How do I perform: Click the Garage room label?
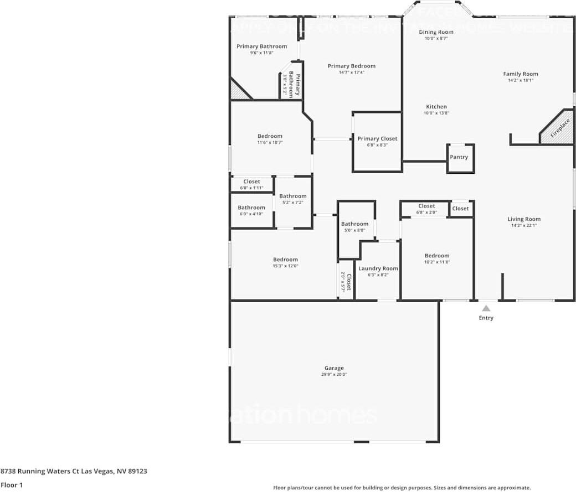[334, 368]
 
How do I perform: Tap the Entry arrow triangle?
[486, 308]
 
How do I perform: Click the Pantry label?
[459, 157]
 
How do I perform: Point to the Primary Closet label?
[377, 139]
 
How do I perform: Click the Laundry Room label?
[378, 268]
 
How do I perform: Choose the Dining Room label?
[436, 32]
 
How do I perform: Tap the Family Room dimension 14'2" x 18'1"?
[520, 80]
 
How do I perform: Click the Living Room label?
[524, 219]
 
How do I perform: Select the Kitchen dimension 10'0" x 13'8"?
[436, 113]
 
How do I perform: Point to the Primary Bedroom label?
[351, 66]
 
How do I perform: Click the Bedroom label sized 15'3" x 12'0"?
[285, 260]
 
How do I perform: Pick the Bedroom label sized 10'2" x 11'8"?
[437, 256]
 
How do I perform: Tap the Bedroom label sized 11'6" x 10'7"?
[270, 136]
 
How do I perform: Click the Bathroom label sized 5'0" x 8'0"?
[354, 224]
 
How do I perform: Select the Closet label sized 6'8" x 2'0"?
[426, 206]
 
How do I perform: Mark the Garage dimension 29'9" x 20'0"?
[334, 375]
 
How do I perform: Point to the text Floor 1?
[12, 485]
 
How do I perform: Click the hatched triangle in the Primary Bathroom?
[238, 92]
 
